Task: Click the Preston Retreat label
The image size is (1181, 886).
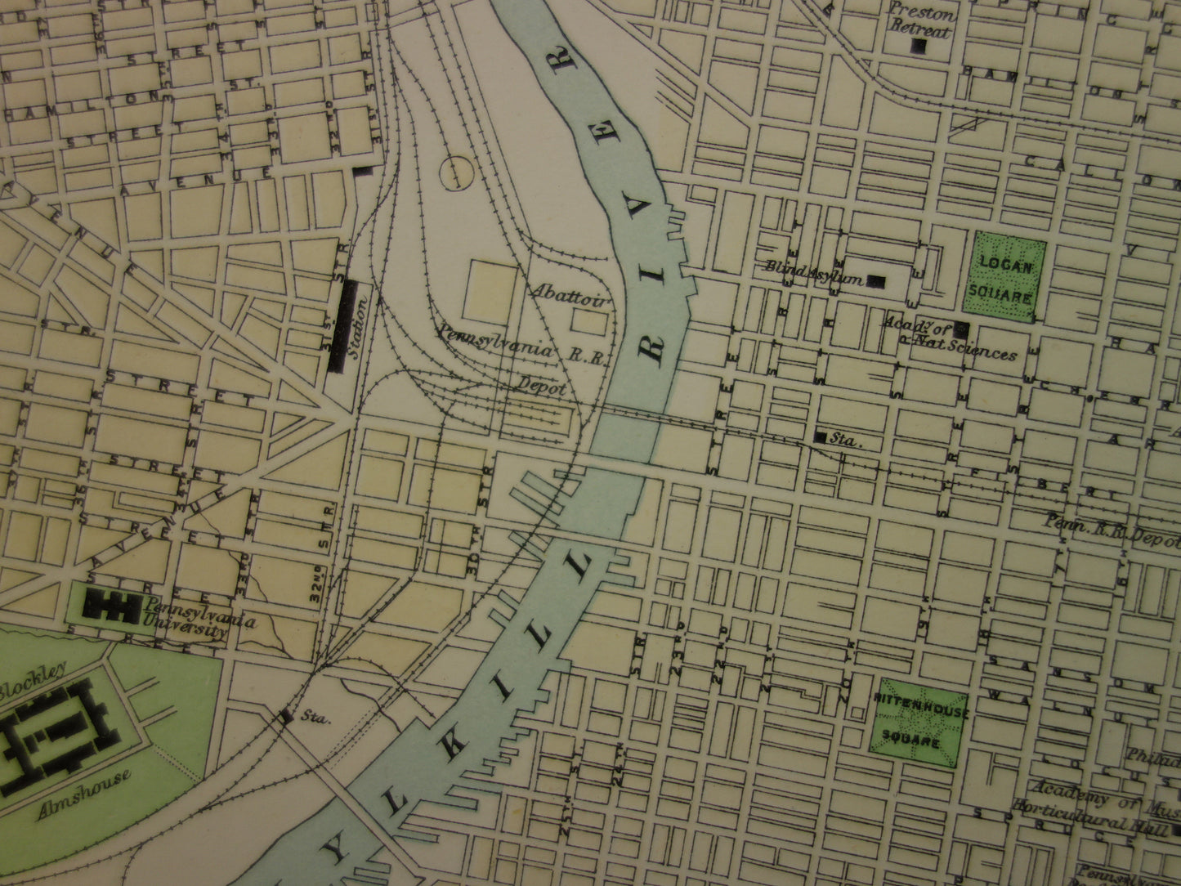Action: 921,22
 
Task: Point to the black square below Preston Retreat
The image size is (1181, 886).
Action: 919,47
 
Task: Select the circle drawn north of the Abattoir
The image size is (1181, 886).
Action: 456,172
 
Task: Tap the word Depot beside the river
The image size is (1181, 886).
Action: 540,387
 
